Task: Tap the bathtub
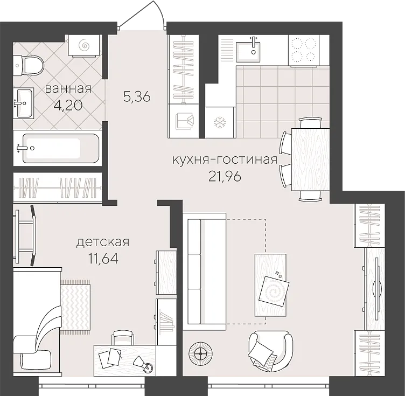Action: pos(61,148)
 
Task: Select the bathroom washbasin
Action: pos(23,103)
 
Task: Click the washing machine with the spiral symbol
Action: pos(85,45)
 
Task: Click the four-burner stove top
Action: pos(304,50)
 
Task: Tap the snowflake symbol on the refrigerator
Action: pos(220,122)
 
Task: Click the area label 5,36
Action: pos(137,97)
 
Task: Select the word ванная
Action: pos(68,89)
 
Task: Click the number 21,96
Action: pos(225,177)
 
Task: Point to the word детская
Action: pos(103,242)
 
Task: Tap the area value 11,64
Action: pos(103,258)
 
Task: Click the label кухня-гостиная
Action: pos(225,160)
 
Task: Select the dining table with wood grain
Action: pos(310,159)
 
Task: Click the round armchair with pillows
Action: pos(271,351)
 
